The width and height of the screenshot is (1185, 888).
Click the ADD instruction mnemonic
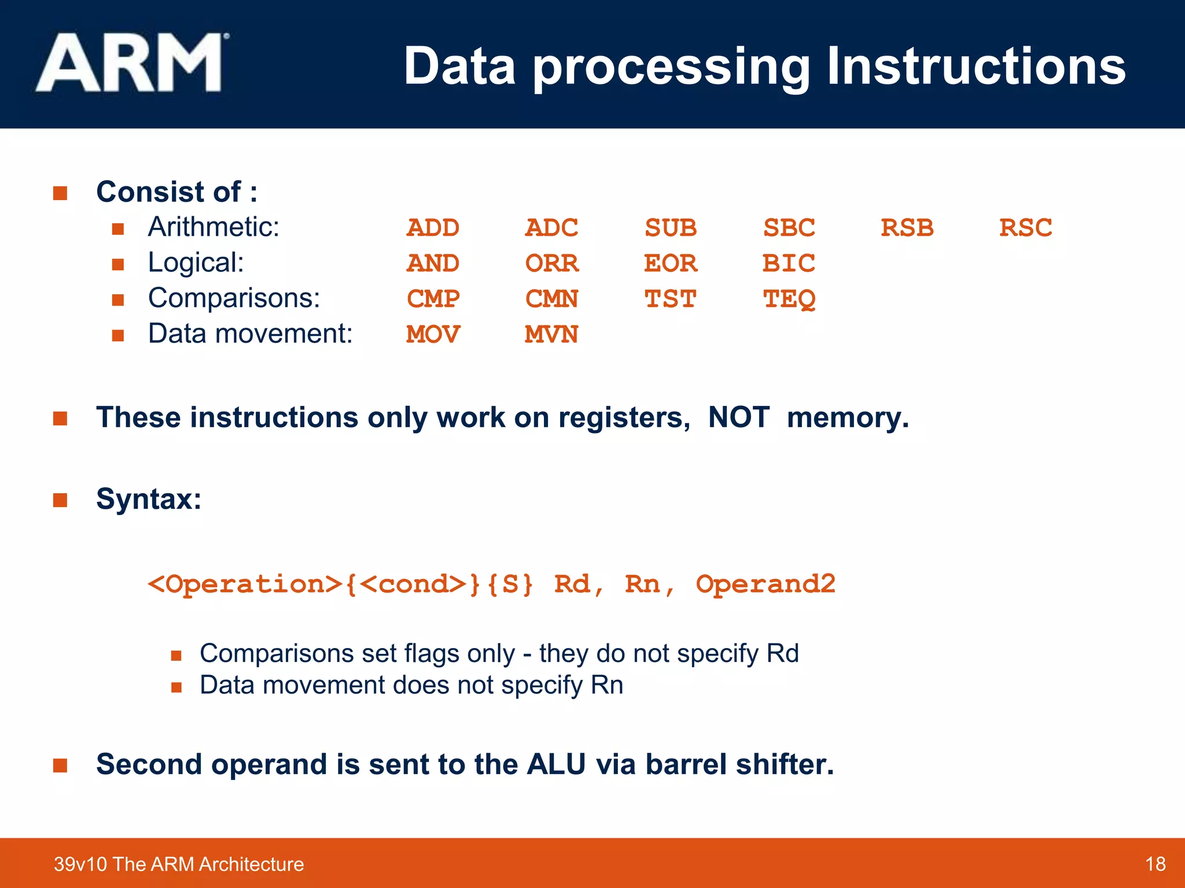(x=433, y=228)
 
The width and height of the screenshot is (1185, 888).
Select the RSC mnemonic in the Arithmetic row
(x=1025, y=228)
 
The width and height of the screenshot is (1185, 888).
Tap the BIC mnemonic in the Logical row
(x=788, y=264)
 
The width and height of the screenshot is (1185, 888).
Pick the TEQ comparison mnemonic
(x=789, y=299)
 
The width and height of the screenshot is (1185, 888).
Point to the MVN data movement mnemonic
(x=551, y=335)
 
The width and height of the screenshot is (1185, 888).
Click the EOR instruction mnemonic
(x=670, y=264)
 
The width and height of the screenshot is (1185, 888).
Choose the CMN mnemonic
(x=551, y=299)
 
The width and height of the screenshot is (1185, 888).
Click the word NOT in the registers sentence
(x=738, y=417)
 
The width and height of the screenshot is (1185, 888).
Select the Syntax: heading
(x=149, y=499)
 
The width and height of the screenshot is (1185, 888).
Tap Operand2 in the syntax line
(x=765, y=584)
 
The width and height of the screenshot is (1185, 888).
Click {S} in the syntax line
(x=509, y=584)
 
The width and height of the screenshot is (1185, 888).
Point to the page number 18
(x=1155, y=864)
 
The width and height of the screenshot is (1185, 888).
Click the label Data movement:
(x=250, y=334)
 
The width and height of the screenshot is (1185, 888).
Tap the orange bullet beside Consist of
(x=60, y=193)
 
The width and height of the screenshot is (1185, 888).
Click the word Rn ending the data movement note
(x=607, y=686)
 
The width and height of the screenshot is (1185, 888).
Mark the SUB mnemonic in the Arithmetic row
(x=670, y=228)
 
